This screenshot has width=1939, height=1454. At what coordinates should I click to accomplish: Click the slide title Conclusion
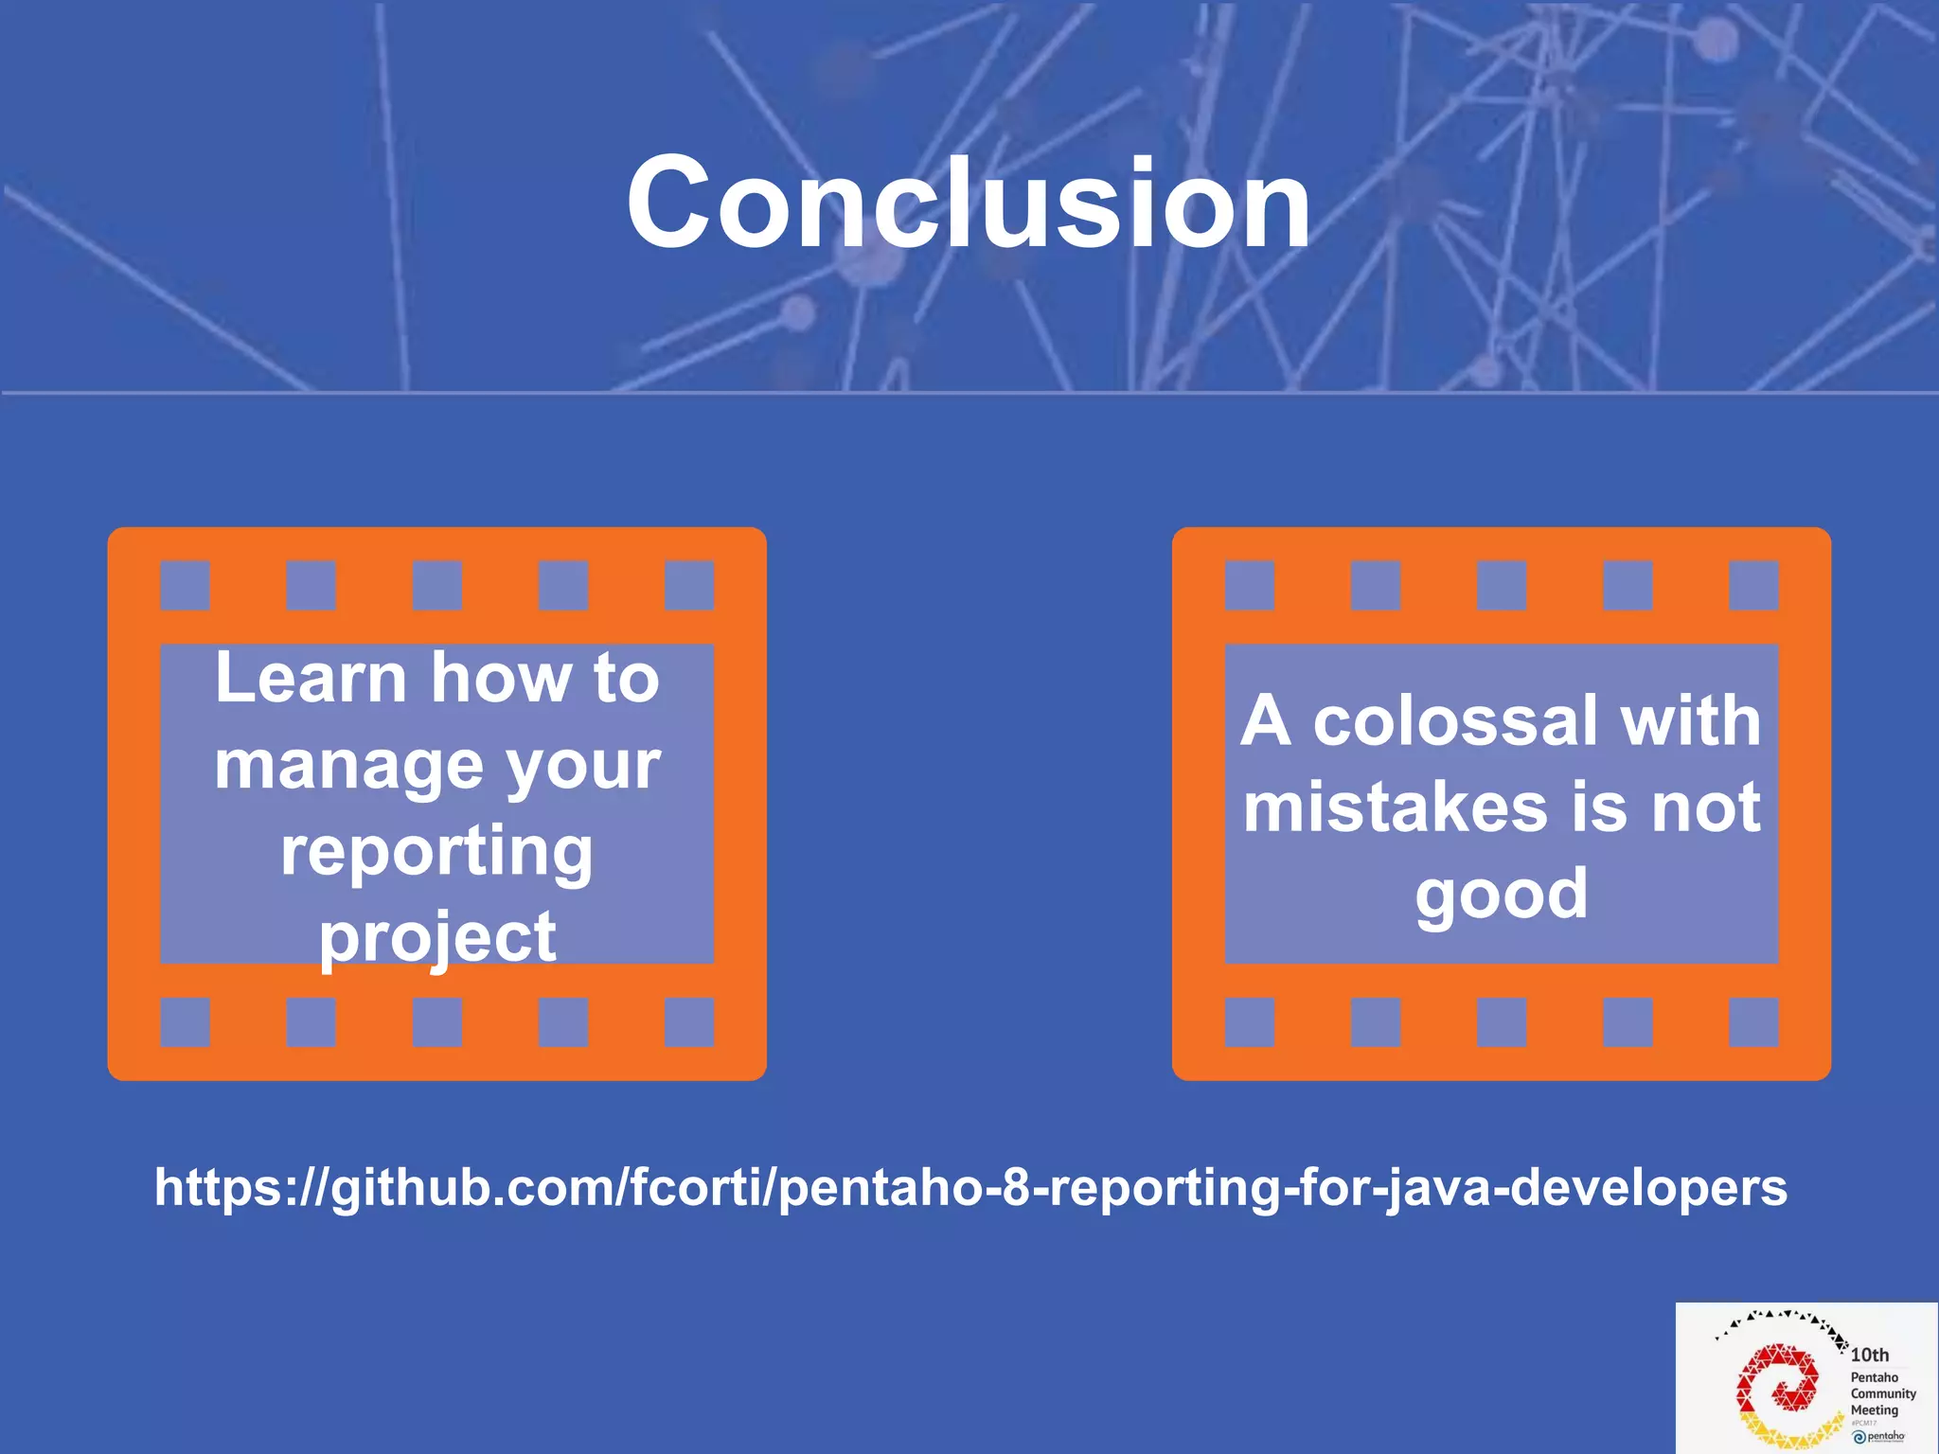click(x=968, y=203)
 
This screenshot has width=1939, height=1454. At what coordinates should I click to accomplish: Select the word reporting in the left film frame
click(x=436, y=851)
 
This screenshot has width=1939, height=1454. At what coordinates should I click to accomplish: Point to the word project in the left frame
click(x=436, y=937)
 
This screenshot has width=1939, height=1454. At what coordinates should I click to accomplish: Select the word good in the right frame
click(x=1501, y=894)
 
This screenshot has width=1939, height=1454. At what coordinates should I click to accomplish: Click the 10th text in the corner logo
click(x=1869, y=1355)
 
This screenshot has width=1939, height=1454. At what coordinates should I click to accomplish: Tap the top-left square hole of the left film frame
click(x=185, y=585)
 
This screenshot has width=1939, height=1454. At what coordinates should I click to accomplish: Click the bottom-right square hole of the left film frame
click(x=688, y=1021)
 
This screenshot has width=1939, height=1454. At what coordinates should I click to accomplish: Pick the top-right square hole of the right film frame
click(x=1753, y=585)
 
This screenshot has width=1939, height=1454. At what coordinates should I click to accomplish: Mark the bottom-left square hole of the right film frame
click(x=1249, y=1021)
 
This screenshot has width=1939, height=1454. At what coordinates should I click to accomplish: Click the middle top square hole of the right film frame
click(x=1502, y=585)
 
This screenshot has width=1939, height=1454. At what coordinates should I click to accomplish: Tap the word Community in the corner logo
click(x=1882, y=1393)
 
